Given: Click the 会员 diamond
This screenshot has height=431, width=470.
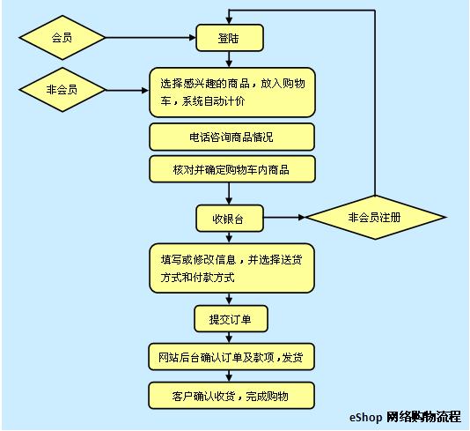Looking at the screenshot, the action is click(x=62, y=38).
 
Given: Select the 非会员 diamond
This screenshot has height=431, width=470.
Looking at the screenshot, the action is click(x=62, y=90).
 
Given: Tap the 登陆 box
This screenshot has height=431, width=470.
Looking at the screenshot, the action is click(x=230, y=38).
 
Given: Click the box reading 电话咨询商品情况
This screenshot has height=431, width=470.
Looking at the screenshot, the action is click(x=232, y=137).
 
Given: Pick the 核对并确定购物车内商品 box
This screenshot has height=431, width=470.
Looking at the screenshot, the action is click(x=232, y=169).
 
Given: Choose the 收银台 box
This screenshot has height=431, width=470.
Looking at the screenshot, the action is click(x=230, y=219).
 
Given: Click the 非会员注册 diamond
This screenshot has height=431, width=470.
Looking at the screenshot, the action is click(x=375, y=218).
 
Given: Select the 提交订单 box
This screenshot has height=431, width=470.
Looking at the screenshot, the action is click(x=231, y=319).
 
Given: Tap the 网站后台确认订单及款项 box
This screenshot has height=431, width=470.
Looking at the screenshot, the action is click(x=231, y=357).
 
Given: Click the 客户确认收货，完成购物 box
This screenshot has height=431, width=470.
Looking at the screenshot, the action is click(x=231, y=396).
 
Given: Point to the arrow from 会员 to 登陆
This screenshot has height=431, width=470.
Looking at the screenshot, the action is click(x=151, y=38).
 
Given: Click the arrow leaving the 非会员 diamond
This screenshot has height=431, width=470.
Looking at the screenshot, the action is click(x=127, y=90).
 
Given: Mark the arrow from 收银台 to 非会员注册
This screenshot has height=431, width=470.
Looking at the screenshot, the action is click(x=284, y=218).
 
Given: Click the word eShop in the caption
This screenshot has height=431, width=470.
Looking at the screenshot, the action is click(x=365, y=417).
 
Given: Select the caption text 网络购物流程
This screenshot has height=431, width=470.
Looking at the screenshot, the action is click(x=423, y=417).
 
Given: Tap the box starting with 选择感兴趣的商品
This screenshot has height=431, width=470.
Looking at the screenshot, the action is click(x=232, y=93).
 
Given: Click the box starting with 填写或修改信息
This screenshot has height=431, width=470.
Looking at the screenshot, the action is click(x=231, y=268).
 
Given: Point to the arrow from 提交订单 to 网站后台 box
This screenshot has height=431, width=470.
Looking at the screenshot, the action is click(x=230, y=338).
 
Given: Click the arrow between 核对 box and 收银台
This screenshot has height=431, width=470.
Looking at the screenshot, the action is click(x=230, y=194).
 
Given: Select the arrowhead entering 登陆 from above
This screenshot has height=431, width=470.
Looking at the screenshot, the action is click(x=230, y=20).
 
